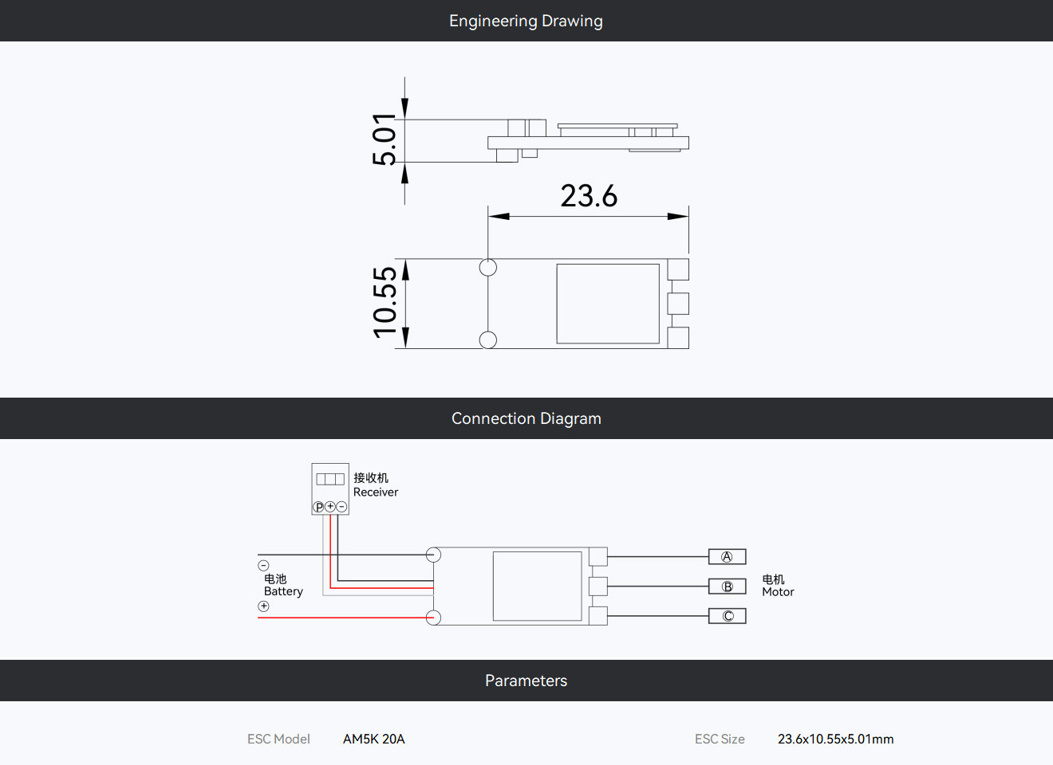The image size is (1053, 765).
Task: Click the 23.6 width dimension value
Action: click(589, 196)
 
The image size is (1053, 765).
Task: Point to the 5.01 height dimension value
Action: click(384, 139)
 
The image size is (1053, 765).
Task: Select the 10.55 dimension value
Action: click(385, 303)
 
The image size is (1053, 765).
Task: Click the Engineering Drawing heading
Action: click(526, 22)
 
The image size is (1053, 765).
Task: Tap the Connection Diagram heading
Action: click(526, 418)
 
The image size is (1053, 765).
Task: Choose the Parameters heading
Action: click(526, 681)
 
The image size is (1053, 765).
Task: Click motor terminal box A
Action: click(728, 556)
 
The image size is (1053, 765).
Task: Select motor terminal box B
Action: click(728, 586)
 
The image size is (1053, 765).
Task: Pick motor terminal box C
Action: click(728, 616)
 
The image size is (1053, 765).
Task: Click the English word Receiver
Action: click(376, 492)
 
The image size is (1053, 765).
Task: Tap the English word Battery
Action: click(283, 591)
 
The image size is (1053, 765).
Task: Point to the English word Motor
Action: click(778, 592)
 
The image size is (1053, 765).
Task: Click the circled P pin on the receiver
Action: click(319, 507)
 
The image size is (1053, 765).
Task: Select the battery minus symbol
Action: click(264, 566)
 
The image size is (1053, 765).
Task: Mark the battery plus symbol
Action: click(264, 606)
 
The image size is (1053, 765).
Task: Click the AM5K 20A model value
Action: click(373, 739)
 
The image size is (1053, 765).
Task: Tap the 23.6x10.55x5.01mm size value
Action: click(835, 739)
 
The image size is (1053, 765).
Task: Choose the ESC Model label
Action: click(278, 739)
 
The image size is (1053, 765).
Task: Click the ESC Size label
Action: click(720, 739)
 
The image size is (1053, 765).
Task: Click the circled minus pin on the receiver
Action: click(341, 507)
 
